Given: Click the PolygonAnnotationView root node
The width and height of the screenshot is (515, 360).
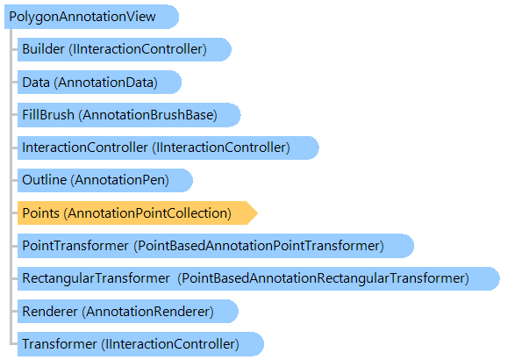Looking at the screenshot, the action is [x=91, y=17].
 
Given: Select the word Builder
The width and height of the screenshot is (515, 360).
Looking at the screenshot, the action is [x=43, y=49].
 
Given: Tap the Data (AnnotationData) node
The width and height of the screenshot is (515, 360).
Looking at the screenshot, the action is [x=99, y=82].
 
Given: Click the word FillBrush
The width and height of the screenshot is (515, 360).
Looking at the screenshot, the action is [x=48, y=115].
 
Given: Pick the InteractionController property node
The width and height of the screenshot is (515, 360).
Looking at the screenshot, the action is [x=168, y=148].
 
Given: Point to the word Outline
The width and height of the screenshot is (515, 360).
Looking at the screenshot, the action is [x=45, y=180].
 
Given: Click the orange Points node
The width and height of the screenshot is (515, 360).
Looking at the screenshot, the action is [x=137, y=213].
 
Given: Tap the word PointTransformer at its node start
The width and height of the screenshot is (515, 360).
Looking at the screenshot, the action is [x=75, y=246].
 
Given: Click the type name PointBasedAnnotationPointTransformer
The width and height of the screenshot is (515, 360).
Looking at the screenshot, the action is [x=259, y=246].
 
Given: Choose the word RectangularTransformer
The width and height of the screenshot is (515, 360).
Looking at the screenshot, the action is [x=96, y=278].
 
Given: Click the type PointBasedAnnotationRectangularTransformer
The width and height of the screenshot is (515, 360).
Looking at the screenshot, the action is [x=323, y=278].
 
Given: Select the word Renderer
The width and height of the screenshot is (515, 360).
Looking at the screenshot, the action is [x=50, y=312].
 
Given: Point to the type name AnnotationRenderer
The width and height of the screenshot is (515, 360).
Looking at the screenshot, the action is [x=147, y=312].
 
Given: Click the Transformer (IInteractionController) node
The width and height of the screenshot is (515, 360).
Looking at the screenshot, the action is [x=140, y=344].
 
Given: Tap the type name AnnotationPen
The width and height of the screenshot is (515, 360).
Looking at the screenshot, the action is [x=119, y=180].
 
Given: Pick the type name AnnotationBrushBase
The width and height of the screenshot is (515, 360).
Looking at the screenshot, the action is [x=147, y=115].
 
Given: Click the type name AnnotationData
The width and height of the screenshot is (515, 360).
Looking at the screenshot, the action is [x=106, y=82].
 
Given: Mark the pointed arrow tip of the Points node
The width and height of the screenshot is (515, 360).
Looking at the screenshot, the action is [x=258, y=213].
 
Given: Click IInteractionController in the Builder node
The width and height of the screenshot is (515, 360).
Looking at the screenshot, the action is [x=138, y=49].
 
